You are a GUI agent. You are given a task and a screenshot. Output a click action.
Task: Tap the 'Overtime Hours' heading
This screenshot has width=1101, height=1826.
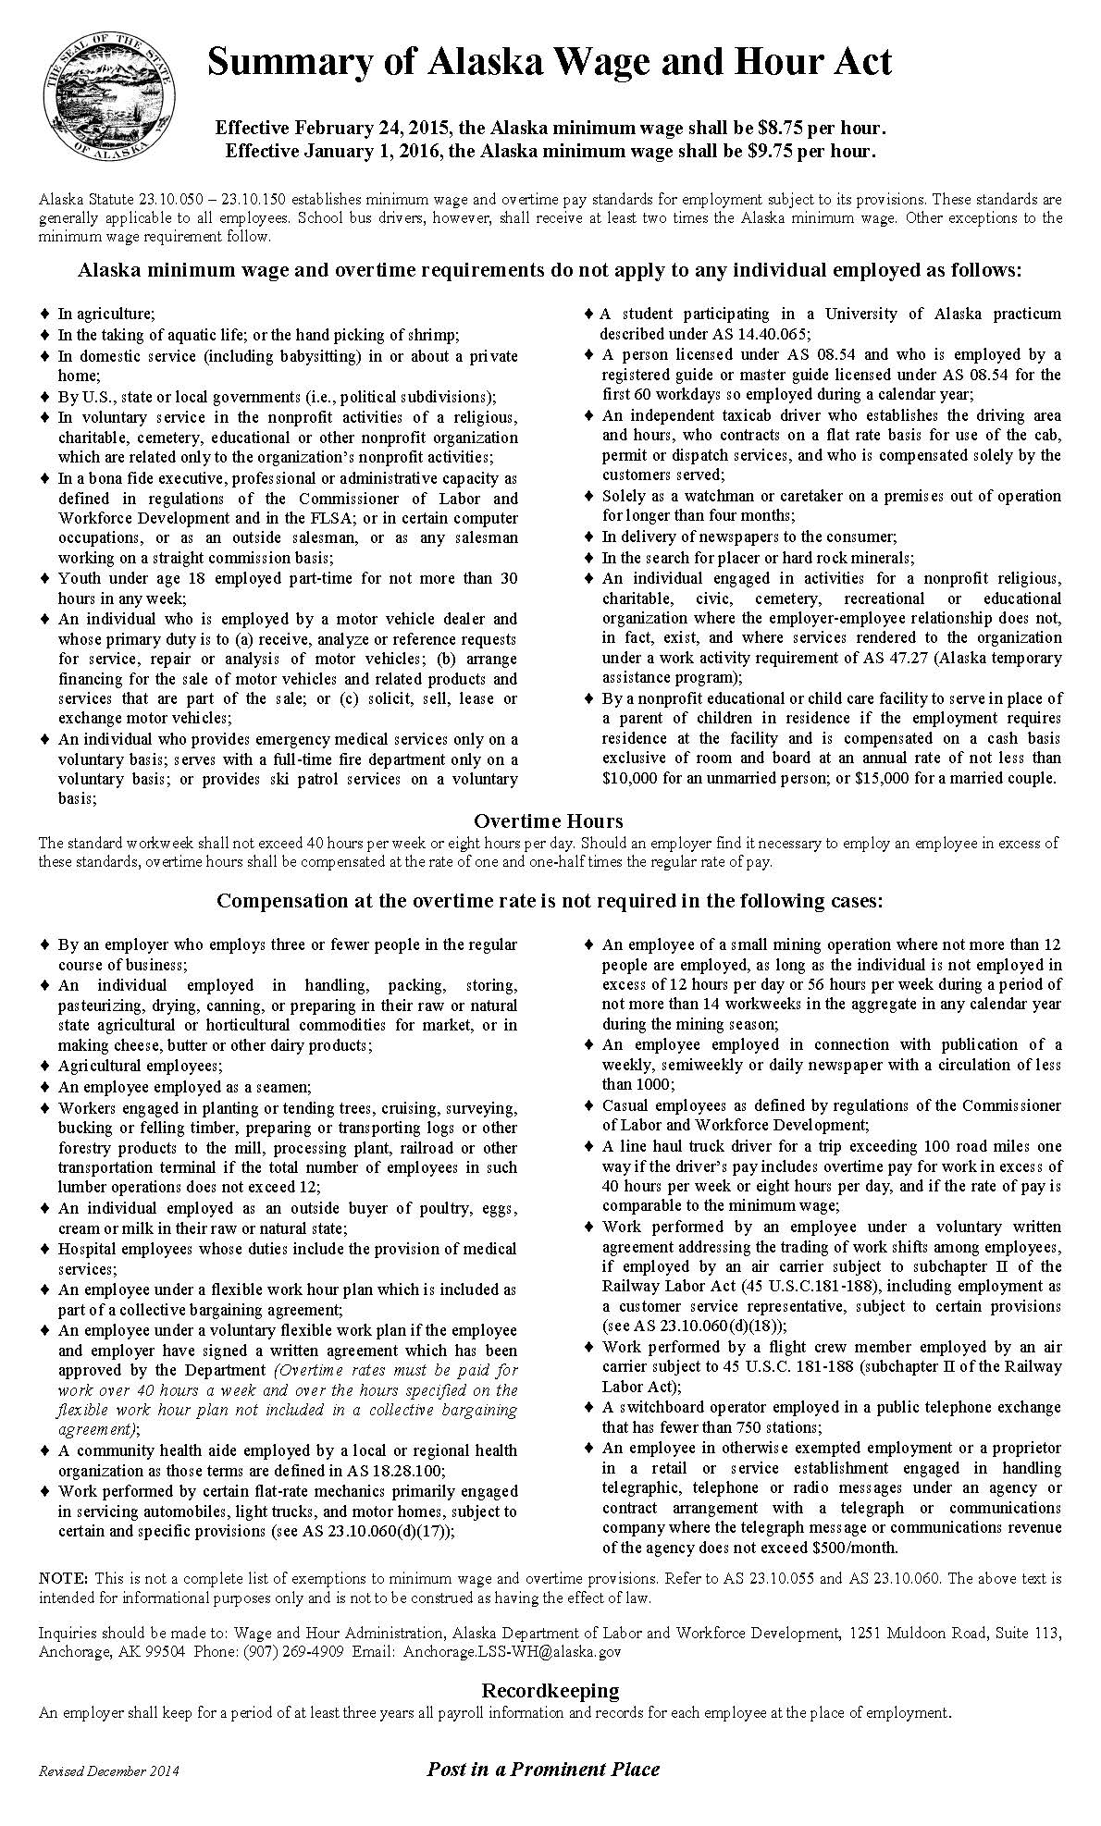pyautogui.click(x=549, y=821)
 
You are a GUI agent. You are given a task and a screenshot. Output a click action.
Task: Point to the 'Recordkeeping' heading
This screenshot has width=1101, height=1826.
pyautogui.click(x=550, y=1690)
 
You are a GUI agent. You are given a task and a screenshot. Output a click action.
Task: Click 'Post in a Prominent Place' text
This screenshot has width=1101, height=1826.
pyautogui.click(x=543, y=1769)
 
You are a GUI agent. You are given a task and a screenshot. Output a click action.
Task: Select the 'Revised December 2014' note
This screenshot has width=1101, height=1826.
pyautogui.click(x=109, y=1771)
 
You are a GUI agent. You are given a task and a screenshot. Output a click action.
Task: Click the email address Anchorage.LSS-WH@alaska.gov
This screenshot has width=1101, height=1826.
pyautogui.click(x=512, y=1650)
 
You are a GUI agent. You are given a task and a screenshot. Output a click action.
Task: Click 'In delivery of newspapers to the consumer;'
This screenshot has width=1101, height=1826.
pyautogui.click(x=749, y=537)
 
